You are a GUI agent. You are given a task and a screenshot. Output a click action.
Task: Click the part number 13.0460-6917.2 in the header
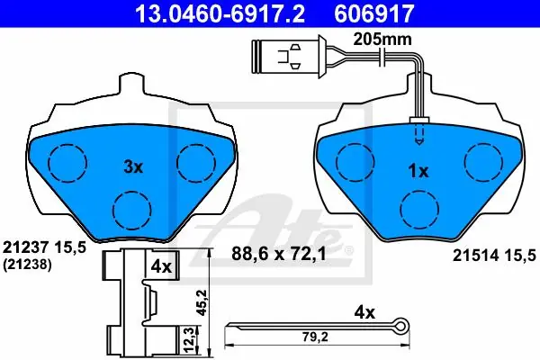pos(220,13)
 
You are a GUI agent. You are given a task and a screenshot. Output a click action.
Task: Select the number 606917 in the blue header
pos(373,13)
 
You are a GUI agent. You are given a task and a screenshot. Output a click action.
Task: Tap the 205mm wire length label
pos(382,40)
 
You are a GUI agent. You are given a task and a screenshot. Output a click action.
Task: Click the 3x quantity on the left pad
pos(133,167)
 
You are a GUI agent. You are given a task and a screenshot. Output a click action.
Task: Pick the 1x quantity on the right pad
pos(418,171)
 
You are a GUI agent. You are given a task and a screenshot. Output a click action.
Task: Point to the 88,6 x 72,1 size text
pos(279,255)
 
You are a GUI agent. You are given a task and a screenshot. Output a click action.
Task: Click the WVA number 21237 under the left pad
pos(25,247)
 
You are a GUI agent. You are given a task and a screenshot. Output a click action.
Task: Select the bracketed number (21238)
pos(27,265)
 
